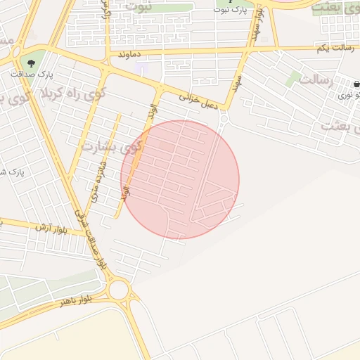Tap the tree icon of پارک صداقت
click(x=30, y=61)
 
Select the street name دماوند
click(x=131, y=53)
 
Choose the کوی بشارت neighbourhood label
click(x=110, y=147)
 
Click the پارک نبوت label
click(x=233, y=11)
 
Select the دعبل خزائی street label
click(x=203, y=101)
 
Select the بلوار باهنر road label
click(x=76, y=302)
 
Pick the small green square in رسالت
click(x=293, y=79)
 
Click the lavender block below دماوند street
click(x=143, y=68)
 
